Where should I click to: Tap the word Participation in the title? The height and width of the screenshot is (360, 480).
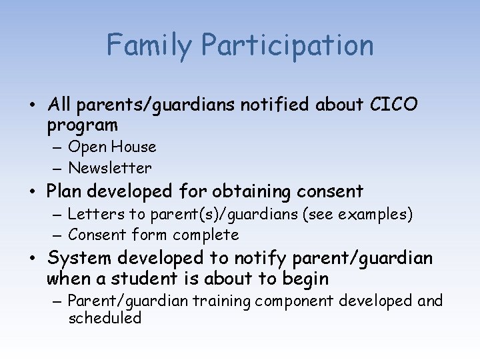coord(287,45)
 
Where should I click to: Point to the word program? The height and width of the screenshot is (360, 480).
coord(83,125)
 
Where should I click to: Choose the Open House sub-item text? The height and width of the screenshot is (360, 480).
coord(112,147)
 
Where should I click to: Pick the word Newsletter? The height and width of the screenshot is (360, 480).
coord(110,168)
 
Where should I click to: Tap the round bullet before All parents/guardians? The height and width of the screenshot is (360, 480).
coord(33,105)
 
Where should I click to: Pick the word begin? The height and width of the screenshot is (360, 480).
coord(304,278)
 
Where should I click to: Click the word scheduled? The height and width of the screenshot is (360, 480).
coord(105,318)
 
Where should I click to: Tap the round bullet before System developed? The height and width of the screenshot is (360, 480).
coord(33,259)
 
